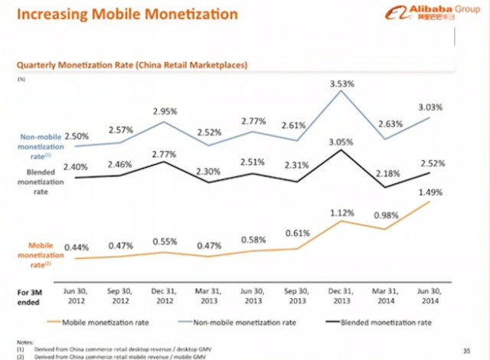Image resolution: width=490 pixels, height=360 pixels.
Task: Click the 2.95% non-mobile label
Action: [x=165, y=111]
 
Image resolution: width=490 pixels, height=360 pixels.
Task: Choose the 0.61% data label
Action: [x=298, y=233]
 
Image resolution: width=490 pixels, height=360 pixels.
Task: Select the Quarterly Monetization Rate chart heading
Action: [x=131, y=65]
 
